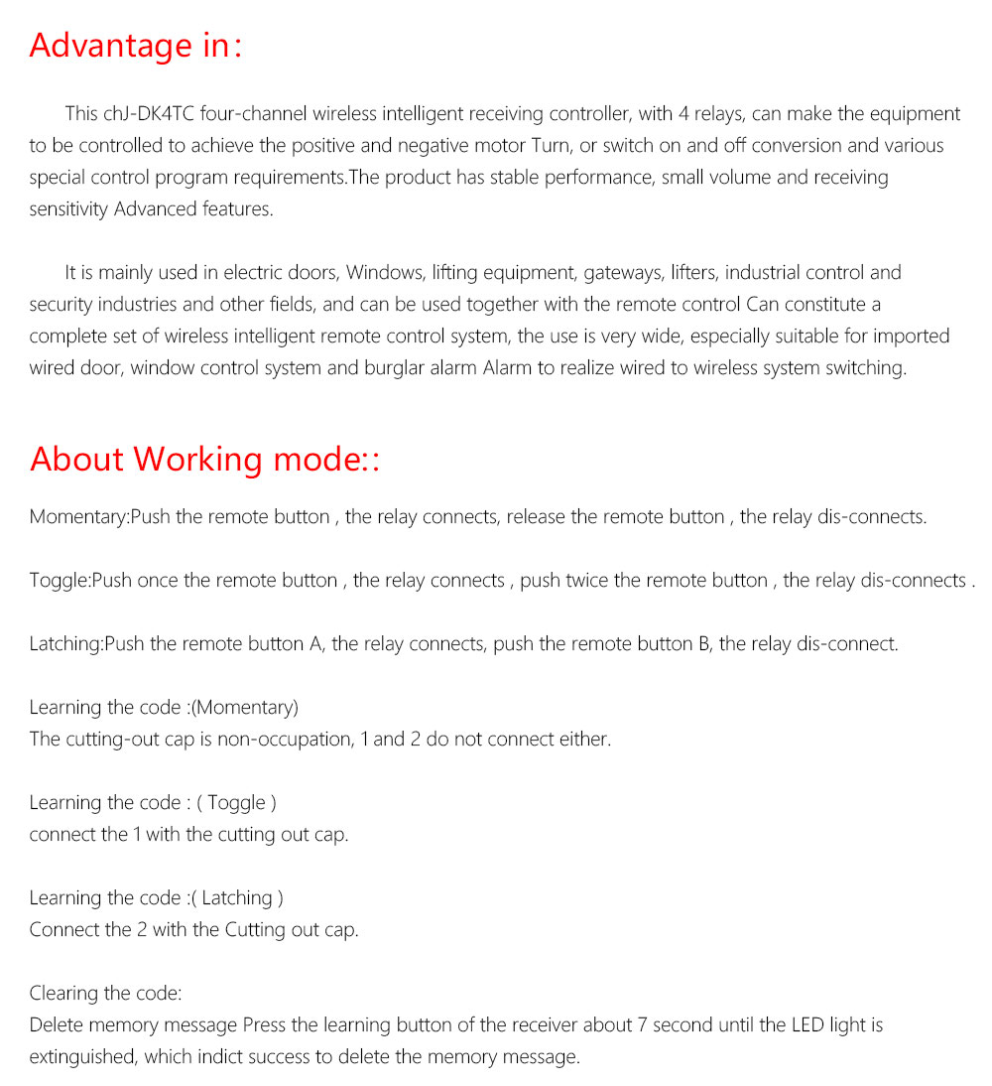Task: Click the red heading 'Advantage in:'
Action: [x=135, y=46]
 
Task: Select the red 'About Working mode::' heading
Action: [x=205, y=460]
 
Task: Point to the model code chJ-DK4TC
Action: [x=141, y=114]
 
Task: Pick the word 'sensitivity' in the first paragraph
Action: [x=69, y=209]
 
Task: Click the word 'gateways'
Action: [x=622, y=273]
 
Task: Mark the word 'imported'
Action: [x=910, y=337]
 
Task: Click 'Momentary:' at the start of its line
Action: [x=79, y=517]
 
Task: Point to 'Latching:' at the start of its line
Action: [x=66, y=644]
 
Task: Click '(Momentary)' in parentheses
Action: [x=245, y=708]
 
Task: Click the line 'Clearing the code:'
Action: [x=105, y=994]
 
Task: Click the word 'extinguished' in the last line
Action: [x=82, y=1057]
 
